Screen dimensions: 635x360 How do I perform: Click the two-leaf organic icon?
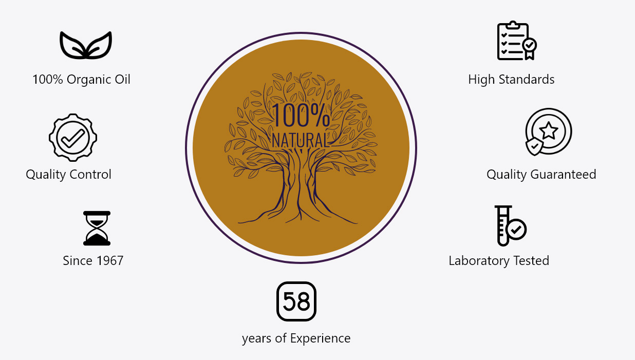point(86,45)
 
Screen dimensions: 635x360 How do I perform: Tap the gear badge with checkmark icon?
point(73,138)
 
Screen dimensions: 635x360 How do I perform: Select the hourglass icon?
point(97,228)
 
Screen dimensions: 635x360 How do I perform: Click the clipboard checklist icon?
point(517,41)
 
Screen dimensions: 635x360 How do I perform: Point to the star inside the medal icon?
point(549,130)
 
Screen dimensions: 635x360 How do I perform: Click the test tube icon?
point(503,225)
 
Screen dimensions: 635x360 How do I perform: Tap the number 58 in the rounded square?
point(296,301)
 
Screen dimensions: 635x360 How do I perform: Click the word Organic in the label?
point(89,80)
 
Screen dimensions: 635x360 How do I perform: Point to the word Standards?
point(527,80)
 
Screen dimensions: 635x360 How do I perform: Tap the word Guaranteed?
point(563,174)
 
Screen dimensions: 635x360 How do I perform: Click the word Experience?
point(320,338)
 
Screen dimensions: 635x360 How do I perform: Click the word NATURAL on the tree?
point(301,140)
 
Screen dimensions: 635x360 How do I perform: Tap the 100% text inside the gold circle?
point(301,115)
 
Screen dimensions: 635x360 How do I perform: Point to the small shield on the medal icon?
point(534,146)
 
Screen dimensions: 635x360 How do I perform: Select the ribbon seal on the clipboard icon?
point(530,48)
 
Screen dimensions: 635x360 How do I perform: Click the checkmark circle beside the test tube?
point(516,230)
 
